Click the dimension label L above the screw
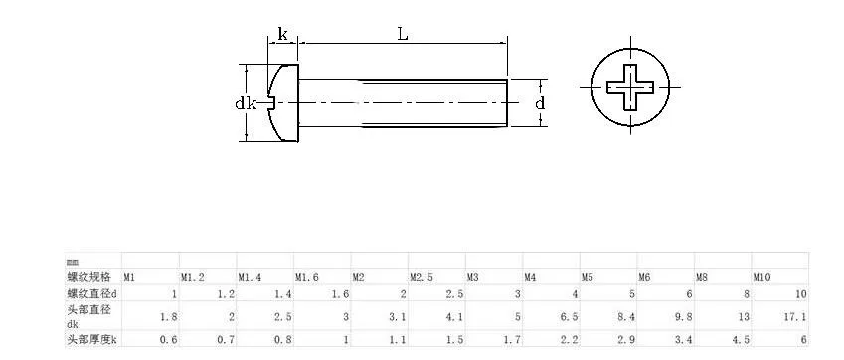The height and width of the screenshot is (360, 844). coord(403,35)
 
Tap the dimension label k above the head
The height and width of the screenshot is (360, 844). coord(282,35)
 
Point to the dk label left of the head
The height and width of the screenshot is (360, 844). coord(246,103)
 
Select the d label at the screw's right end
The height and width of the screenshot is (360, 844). coord(540,102)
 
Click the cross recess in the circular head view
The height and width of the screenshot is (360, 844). coord(630,87)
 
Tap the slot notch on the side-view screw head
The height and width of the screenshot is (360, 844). coord(271,102)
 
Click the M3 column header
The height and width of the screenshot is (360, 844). coord(472,278)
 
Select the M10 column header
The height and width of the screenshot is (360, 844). coord(761,278)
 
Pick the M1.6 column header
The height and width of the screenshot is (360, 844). coord(307,278)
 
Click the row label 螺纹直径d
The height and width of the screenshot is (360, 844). coord(91,293)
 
